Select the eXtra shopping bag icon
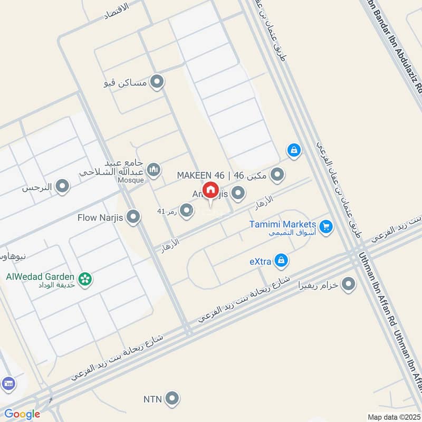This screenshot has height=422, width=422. [x=282, y=260]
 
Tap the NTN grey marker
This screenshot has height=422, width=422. [x=171, y=399]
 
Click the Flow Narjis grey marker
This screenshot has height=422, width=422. [x=133, y=216]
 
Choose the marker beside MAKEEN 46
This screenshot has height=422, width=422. [x=277, y=175]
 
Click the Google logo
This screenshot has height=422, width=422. [x=22, y=415]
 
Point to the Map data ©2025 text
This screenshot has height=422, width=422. [x=393, y=417]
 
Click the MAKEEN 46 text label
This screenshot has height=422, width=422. [x=200, y=175]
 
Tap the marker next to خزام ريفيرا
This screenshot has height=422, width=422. [x=348, y=285]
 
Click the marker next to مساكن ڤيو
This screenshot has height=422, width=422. [x=157, y=82]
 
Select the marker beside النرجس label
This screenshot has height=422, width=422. [x=62, y=187]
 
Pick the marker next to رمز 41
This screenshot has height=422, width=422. [x=186, y=212]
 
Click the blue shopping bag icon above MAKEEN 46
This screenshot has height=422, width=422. [x=294, y=151]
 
